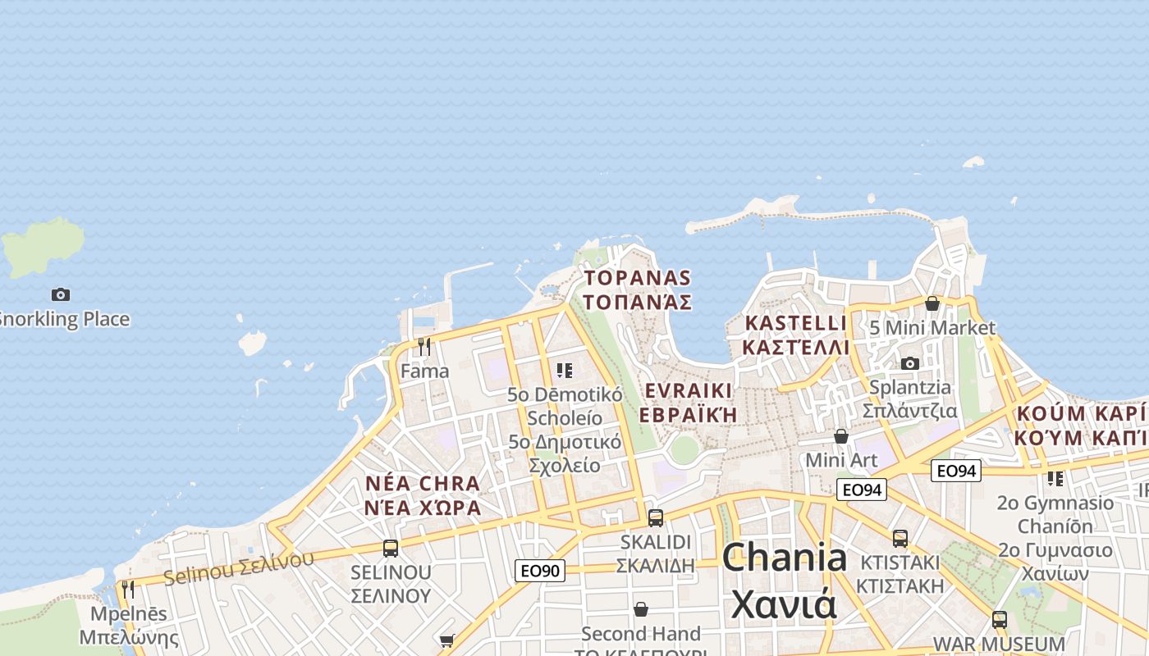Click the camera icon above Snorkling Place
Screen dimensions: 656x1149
pyautogui.click(x=60, y=294)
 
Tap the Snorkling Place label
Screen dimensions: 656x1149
pyautogui.click(x=64, y=319)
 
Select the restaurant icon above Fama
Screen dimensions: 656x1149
pyautogui.click(x=424, y=347)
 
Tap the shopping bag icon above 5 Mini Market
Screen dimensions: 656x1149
pyautogui.click(x=932, y=304)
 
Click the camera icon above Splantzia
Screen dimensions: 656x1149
pyautogui.click(x=909, y=363)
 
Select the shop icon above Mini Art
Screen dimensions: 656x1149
pyautogui.click(x=841, y=436)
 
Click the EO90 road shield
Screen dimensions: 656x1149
pyautogui.click(x=540, y=570)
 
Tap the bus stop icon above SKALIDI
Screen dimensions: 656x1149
pyautogui.click(x=655, y=518)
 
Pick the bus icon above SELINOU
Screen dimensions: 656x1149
pyautogui.click(x=391, y=548)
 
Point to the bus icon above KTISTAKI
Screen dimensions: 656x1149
pyautogui.click(x=900, y=539)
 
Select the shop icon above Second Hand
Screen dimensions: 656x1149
pyautogui.click(x=641, y=609)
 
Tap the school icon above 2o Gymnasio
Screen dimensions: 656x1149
pyautogui.click(x=1055, y=478)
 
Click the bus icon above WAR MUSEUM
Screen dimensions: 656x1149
pyautogui.click(x=999, y=619)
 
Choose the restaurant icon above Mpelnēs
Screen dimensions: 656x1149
pyautogui.click(x=127, y=590)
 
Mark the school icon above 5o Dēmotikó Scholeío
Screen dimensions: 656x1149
pyautogui.click(x=564, y=371)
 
